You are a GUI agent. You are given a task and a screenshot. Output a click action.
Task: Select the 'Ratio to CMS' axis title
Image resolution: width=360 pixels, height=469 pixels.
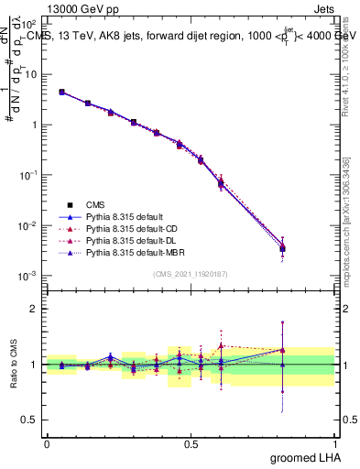coord(14,364)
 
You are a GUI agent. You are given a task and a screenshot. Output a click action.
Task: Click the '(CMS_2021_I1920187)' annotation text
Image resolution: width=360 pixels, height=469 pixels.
coord(190,274)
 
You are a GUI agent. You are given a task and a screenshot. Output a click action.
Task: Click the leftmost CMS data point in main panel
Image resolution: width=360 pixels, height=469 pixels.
coord(61,92)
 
